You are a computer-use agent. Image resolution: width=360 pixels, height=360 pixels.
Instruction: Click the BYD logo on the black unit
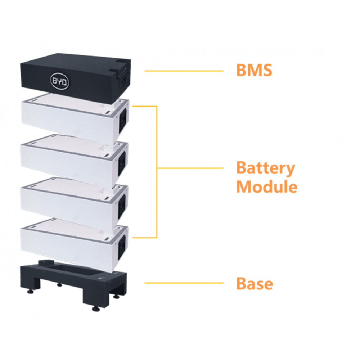click(59, 81)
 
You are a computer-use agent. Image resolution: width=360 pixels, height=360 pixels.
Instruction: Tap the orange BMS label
click(254, 70)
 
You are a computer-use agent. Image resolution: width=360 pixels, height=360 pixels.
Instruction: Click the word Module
click(267, 186)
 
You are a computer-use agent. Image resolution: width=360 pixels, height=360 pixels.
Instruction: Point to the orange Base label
click(255, 284)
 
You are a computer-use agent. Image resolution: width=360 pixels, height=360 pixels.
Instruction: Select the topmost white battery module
click(75, 120)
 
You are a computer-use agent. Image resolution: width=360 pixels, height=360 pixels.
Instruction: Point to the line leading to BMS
click(184, 71)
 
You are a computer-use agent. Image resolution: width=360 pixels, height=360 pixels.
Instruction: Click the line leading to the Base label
click(184, 283)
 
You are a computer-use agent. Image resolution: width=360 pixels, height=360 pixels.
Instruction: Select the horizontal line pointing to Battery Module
click(190, 168)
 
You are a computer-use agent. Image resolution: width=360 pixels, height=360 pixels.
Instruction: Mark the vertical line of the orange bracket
click(157, 172)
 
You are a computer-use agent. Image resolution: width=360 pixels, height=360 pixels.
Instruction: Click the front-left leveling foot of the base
click(30, 292)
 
